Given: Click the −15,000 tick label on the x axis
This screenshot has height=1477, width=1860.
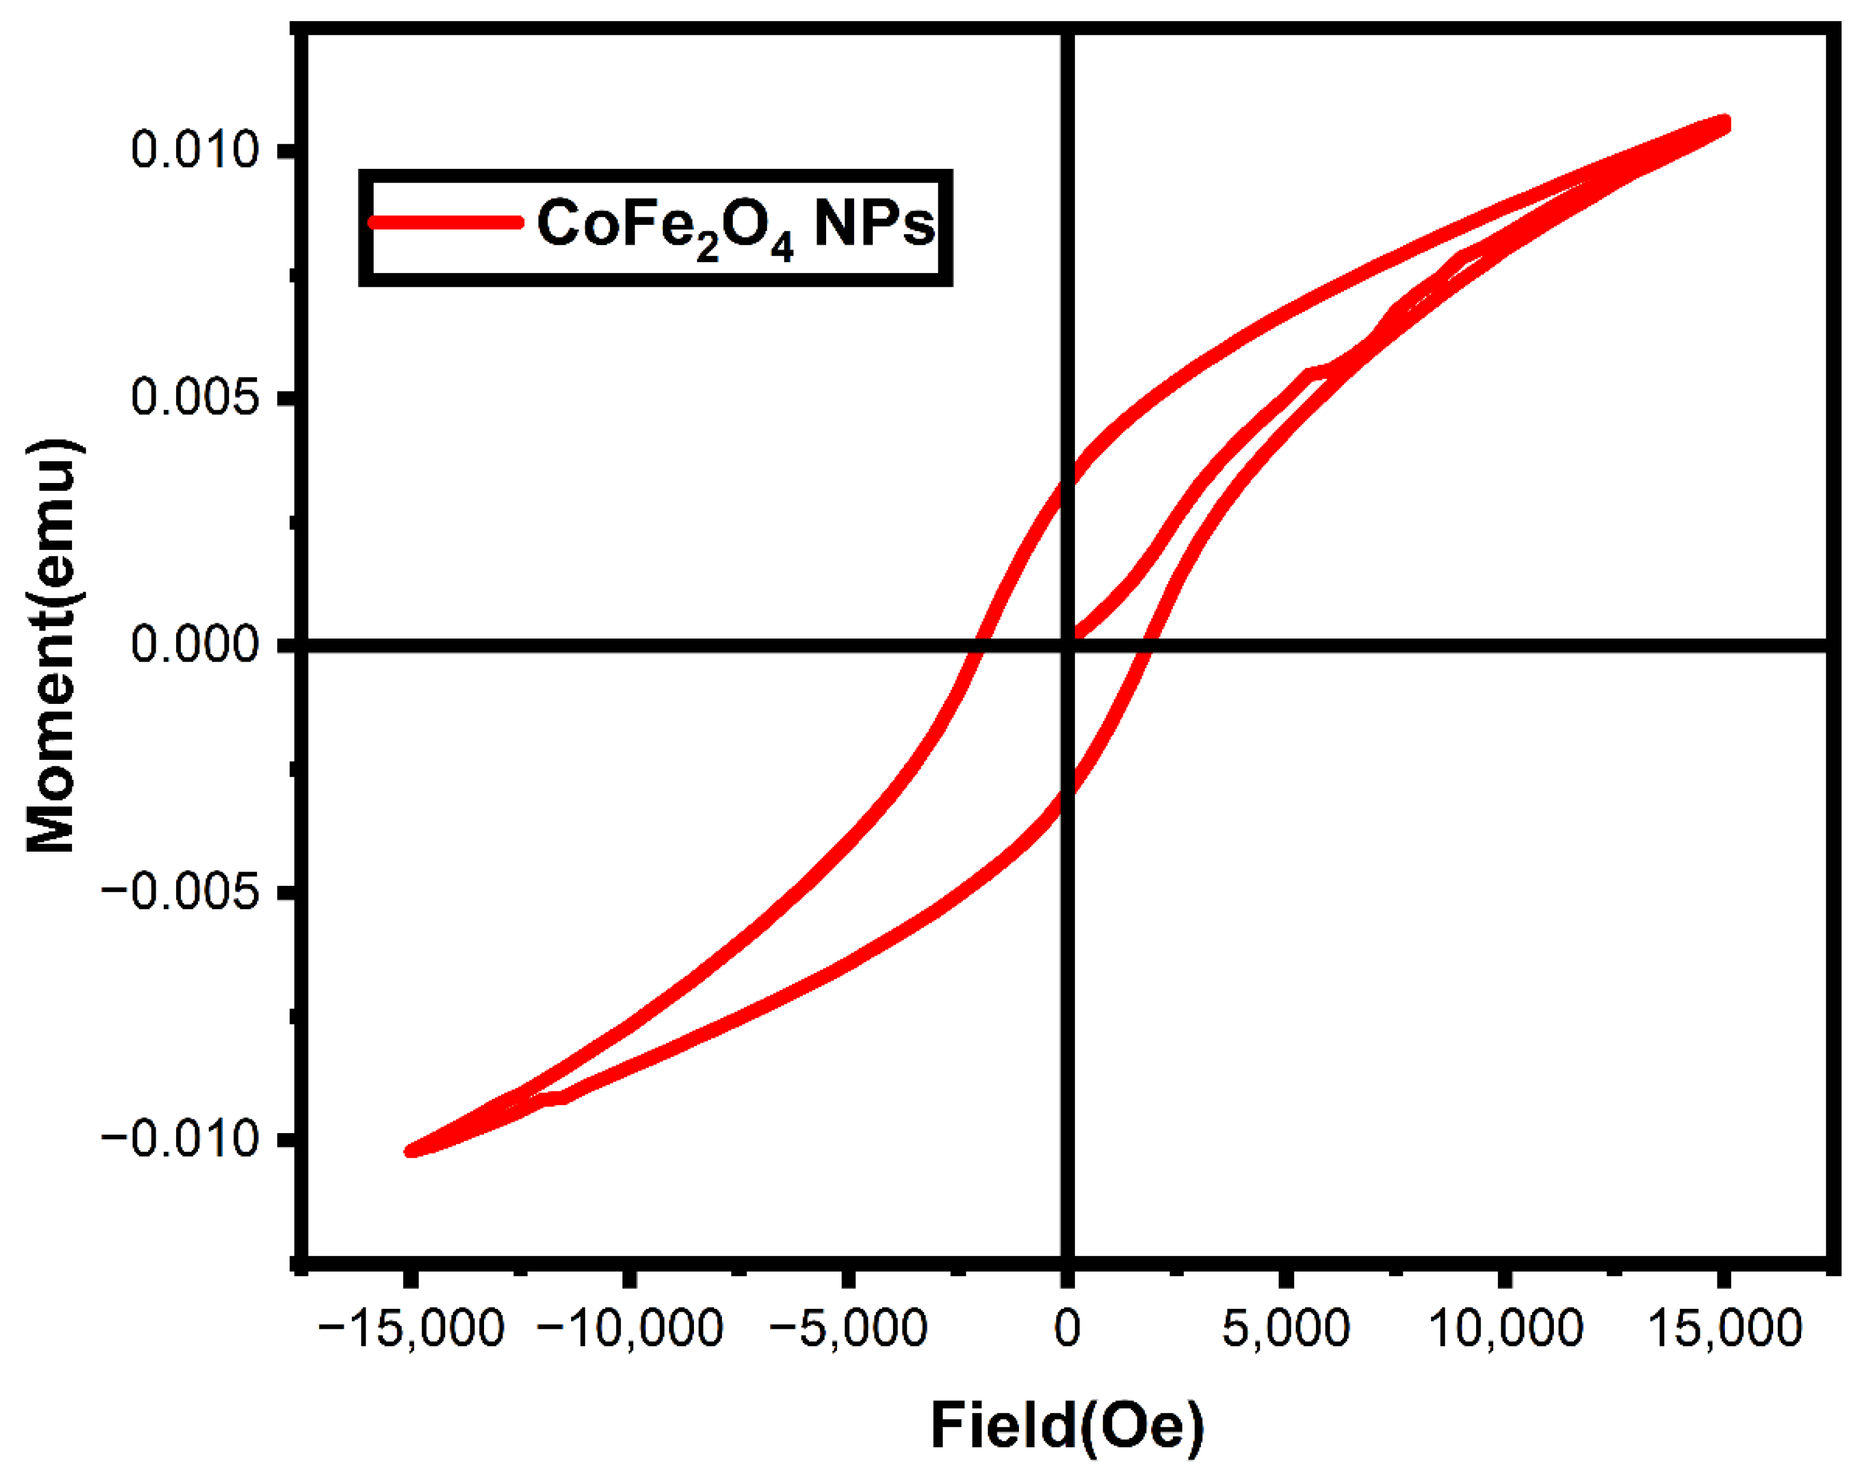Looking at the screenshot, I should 411,1329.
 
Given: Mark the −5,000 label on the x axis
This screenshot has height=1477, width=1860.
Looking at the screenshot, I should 848,1329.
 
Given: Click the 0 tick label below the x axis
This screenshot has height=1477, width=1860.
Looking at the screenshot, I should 1067,1329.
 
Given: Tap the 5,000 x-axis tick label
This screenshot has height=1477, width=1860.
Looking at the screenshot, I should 1286,1329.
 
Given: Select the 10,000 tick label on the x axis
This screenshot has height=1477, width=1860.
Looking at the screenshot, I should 1505,1329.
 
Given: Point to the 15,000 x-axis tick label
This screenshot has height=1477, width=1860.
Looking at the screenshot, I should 1724,1329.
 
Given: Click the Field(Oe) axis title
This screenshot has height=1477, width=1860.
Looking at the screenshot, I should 1067,1426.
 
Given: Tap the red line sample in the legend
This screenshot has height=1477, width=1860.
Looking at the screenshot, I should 445,223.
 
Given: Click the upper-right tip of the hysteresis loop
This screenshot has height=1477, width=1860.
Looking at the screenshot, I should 1724,124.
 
